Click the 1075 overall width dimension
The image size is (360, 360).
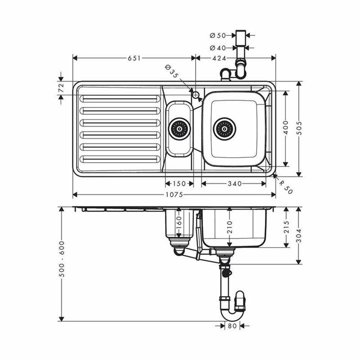175,195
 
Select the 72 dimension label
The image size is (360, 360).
60,88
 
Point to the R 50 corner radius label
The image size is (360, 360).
286,185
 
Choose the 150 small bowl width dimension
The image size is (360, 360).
179,184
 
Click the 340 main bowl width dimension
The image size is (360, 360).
234,184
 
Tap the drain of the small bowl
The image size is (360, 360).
179,129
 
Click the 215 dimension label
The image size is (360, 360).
286,227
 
